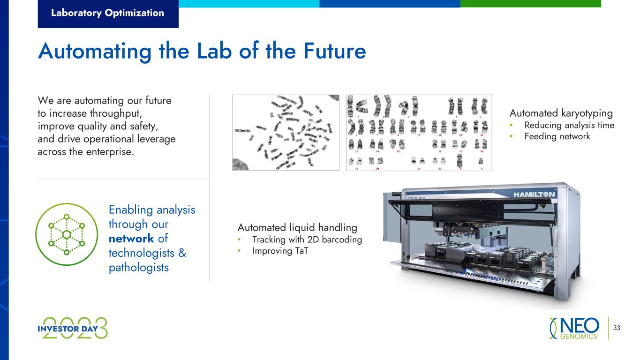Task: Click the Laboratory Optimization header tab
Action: pyautogui.click(x=108, y=14)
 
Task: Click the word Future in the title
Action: pyautogui.click(x=335, y=51)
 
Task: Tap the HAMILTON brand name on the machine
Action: pyautogui.click(x=534, y=195)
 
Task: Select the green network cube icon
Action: pyautogui.click(x=67, y=234)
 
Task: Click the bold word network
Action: pyautogui.click(x=131, y=239)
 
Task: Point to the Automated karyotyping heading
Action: pyautogui.click(x=561, y=113)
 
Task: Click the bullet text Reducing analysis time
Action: pyautogui.click(x=569, y=125)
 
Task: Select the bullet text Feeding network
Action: pyautogui.click(x=557, y=136)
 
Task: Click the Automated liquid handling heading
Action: pyautogui.click(x=297, y=228)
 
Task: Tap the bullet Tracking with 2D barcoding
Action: pyautogui.click(x=307, y=240)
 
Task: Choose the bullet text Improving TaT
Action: pyautogui.click(x=280, y=251)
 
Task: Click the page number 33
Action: pyautogui.click(x=617, y=328)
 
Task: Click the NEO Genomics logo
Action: pyautogui.click(x=574, y=328)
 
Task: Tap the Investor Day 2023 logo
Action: pyautogui.click(x=73, y=328)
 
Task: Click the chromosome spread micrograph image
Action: pyautogui.click(x=286, y=133)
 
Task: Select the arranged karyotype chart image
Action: pyautogui.click(x=419, y=133)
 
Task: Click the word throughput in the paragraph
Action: pyautogui.click(x=115, y=114)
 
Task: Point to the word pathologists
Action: pyautogui.click(x=139, y=268)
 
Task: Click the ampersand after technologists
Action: pyautogui.click(x=182, y=253)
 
